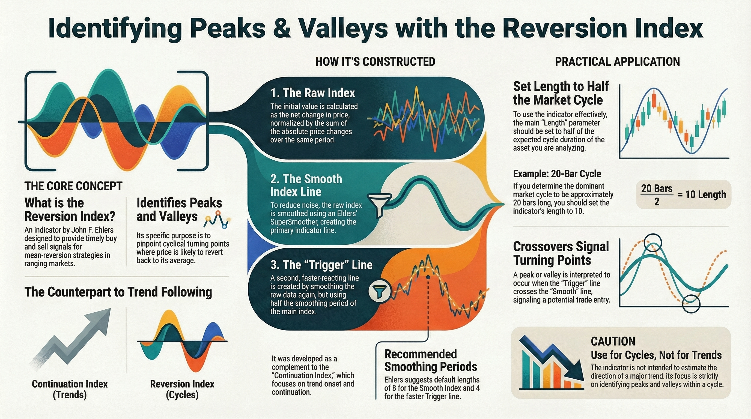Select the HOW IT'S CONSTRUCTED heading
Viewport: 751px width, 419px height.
pos(375,62)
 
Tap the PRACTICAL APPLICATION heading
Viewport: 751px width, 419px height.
pos(618,62)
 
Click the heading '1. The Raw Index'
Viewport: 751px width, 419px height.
pos(313,93)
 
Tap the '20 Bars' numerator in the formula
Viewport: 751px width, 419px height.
pos(657,188)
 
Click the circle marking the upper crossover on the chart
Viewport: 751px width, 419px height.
pos(652,243)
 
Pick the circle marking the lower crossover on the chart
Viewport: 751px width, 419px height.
pos(691,304)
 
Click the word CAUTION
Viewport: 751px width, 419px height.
pos(613,341)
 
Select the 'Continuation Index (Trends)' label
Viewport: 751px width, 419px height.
pos(70,389)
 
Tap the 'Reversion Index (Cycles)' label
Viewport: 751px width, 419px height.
pos(182,389)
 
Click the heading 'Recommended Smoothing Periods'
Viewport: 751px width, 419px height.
pos(431,360)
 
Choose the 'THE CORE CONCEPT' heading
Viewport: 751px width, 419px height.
pos(73,186)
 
